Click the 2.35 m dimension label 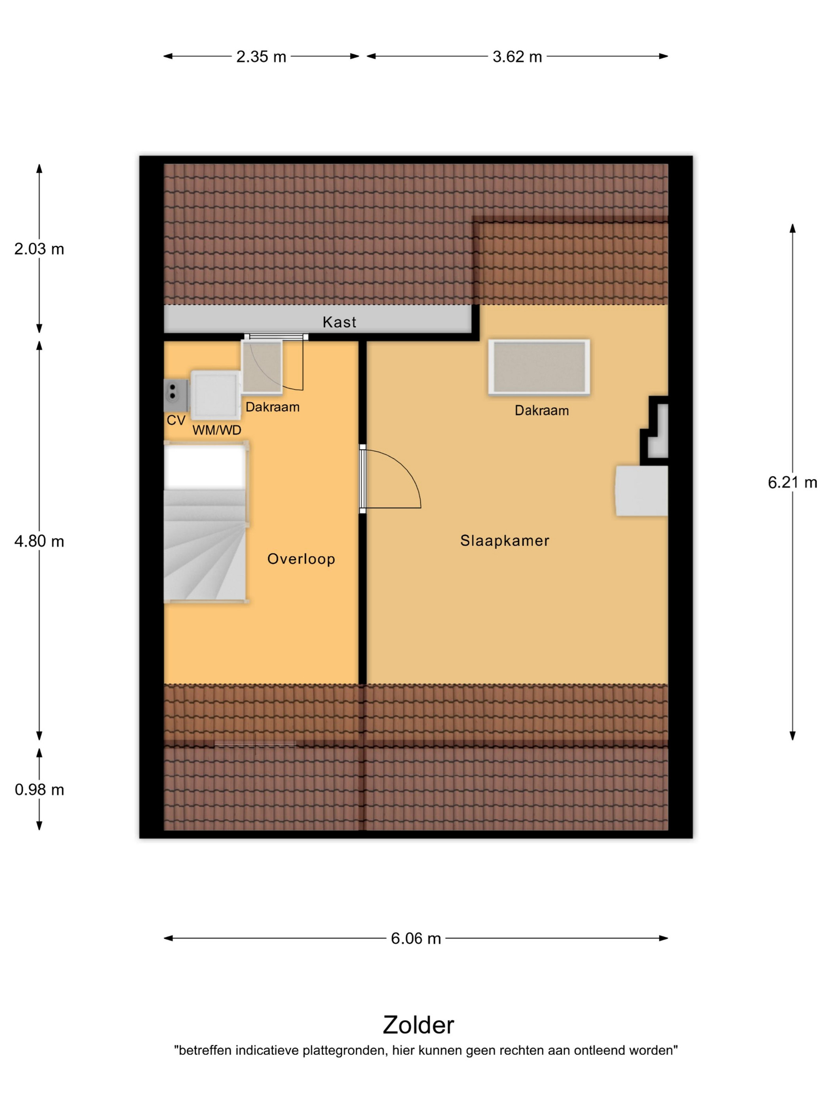click(261, 57)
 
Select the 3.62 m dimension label click(517, 57)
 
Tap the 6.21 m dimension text click(792, 482)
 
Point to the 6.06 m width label click(416, 938)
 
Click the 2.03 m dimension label click(39, 249)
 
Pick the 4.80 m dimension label click(39, 541)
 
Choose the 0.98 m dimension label click(39, 790)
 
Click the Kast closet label click(339, 322)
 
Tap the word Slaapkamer click(505, 541)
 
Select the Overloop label click(301, 559)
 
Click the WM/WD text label click(216, 430)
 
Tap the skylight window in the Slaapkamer click(539, 368)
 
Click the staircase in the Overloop click(207, 522)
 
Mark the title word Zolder click(418, 1025)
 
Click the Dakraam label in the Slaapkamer click(541, 411)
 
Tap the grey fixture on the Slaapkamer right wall click(641, 491)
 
